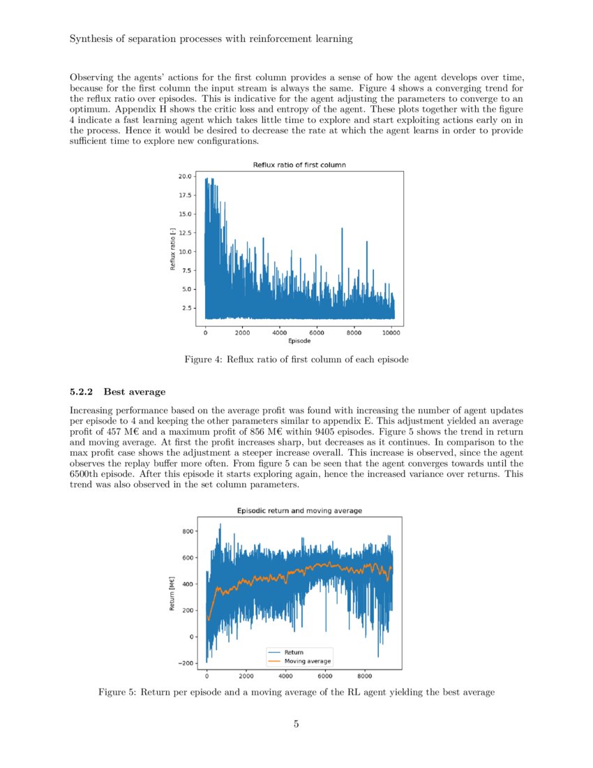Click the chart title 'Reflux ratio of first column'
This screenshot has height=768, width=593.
click(299, 165)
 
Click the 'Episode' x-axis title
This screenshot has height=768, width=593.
click(299, 341)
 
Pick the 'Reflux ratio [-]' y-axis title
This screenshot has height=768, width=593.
click(172, 250)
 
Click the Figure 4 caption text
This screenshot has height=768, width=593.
click(296, 360)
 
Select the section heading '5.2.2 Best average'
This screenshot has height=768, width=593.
click(117, 392)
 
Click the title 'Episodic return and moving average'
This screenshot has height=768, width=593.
click(299, 510)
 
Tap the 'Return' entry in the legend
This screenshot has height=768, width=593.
click(294, 652)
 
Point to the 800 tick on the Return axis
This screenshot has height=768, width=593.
click(188, 531)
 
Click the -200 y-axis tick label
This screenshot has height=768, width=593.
click(186, 663)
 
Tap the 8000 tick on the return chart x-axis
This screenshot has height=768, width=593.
click(364, 676)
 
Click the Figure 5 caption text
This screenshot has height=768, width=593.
click(296, 692)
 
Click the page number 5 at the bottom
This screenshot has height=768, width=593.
click(296, 724)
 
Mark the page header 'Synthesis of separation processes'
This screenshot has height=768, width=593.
click(211, 39)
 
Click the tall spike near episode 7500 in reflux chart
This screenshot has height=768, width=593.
click(342, 230)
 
